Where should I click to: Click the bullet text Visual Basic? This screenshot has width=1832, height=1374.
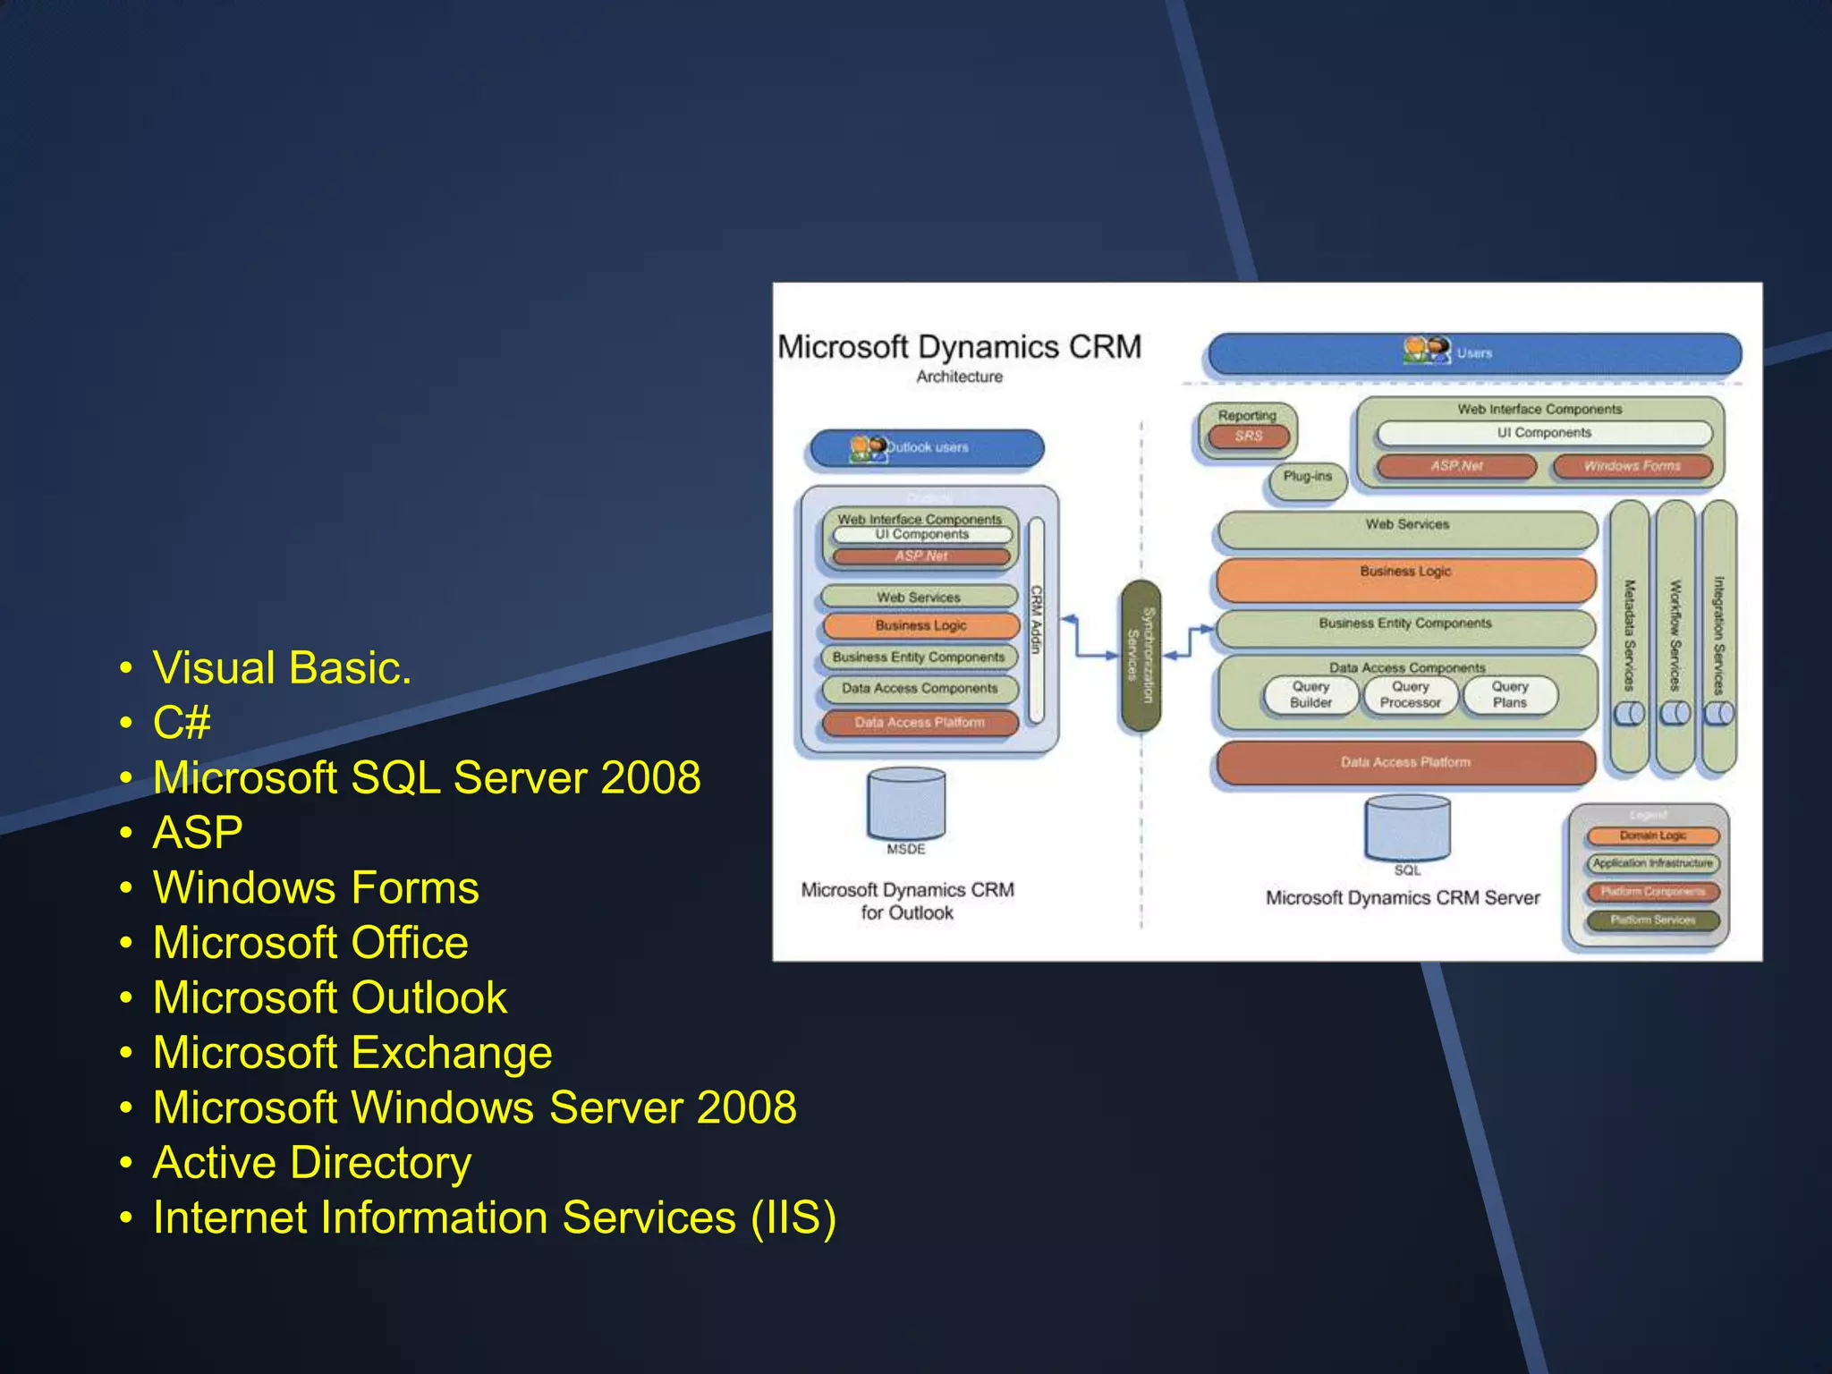[x=282, y=668]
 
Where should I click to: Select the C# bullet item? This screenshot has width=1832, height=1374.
[x=182, y=723]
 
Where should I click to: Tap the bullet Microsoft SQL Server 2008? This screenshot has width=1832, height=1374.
[x=427, y=777]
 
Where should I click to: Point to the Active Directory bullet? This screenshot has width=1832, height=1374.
[x=311, y=1163]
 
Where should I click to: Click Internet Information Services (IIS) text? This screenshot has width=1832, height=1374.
[x=494, y=1218]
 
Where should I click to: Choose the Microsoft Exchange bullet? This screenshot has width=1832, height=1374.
[x=352, y=1053]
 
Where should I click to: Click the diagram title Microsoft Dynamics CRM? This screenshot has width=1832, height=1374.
[x=959, y=347]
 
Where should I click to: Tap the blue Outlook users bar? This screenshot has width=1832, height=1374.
[x=926, y=447]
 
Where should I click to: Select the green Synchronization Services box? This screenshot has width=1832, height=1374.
[x=1141, y=655]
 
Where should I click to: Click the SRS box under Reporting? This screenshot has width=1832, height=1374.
[x=1249, y=437]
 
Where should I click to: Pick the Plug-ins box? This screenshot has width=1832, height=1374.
[x=1307, y=478]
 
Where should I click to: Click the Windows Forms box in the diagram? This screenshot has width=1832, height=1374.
[x=1632, y=466]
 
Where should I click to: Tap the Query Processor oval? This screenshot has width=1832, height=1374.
[x=1410, y=695]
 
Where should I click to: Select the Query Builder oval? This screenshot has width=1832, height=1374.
[x=1310, y=695]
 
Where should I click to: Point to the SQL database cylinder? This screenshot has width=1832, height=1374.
[x=1406, y=828]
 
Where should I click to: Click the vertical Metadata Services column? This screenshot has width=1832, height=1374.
[x=1629, y=635]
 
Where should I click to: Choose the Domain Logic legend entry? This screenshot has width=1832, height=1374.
[x=1652, y=836]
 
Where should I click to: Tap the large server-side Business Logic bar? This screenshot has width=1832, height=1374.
[x=1405, y=579]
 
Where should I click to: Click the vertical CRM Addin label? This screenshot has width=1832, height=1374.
[x=1037, y=620]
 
